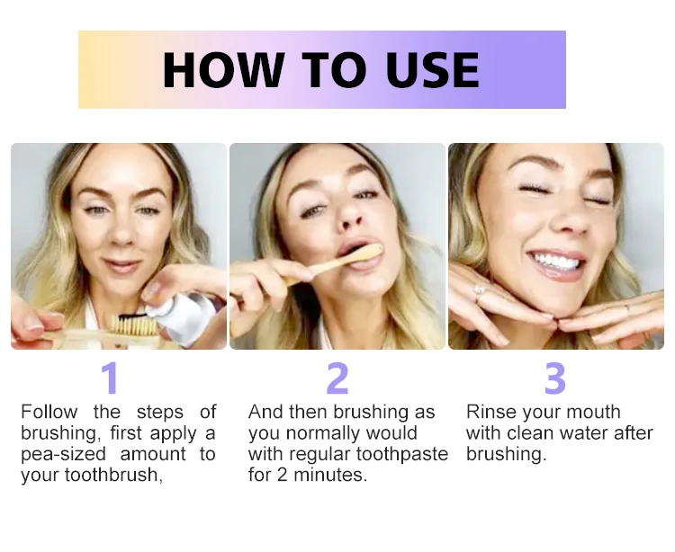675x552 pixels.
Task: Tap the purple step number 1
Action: pyautogui.click(x=109, y=378)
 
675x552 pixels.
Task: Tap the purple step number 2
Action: pyautogui.click(x=337, y=378)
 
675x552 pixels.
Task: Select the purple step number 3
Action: pyautogui.click(x=555, y=378)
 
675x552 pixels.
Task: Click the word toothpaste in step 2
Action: pyautogui.click(x=404, y=455)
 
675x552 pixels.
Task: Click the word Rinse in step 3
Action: pyautogui.click(x=490, y=413)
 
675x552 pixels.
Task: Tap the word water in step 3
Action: pyautogui.click(x=589, y=433)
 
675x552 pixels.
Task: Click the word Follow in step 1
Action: pyautogui.click(x=49, y=413)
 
